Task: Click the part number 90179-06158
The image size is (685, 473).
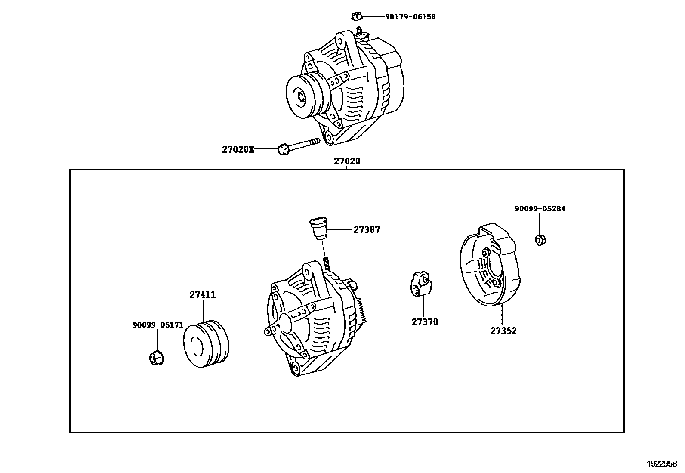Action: click(410, 17)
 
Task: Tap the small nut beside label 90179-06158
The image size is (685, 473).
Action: click(356, 17)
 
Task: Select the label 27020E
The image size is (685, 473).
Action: click(238, 150)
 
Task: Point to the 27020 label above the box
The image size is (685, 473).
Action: click(347, 161)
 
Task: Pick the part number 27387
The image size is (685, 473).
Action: click(367, 230)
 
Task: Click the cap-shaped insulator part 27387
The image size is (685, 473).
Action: click(319, 229)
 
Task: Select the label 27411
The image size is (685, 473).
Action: click(203, 295)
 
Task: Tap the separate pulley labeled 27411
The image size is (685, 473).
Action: click(206, 344)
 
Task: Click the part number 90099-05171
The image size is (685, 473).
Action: click(157, 325)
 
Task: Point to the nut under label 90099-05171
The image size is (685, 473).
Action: click(156, 358)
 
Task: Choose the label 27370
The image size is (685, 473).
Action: click(425, 322)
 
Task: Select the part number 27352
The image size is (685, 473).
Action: click(503, 331)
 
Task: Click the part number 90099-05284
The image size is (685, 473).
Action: click(540, 209)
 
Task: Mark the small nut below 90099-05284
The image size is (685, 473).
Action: click(540, 240)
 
